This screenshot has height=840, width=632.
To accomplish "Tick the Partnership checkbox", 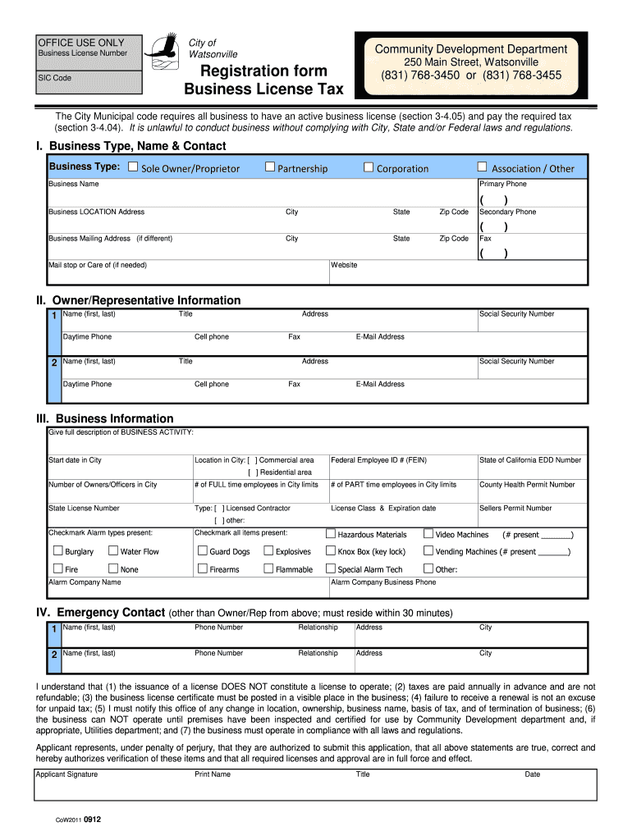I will [269, 167].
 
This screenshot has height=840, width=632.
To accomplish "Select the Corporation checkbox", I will [369, 167].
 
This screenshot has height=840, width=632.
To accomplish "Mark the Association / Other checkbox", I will [482, 167].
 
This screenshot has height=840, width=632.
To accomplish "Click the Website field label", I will [344, 265].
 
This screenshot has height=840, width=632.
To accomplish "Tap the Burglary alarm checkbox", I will [57, 550].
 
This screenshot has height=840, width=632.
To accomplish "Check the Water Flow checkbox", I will [113, 550].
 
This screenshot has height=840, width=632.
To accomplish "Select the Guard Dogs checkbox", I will [202, 550].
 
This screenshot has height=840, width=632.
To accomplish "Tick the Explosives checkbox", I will [268, 550].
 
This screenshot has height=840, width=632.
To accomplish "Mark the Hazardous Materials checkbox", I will [330, 533].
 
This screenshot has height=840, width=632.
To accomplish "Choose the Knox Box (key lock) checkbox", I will [330, 550].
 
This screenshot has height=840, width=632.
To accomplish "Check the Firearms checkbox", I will [202, 568].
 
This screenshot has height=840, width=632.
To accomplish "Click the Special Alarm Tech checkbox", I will [330, 568].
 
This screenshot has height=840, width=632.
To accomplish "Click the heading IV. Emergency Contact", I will [100, 613].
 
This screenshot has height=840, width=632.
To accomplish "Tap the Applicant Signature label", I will [66, 774].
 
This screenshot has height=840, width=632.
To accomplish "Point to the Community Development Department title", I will [470, 49].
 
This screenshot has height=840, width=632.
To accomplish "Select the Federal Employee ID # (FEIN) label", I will [378, 460].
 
